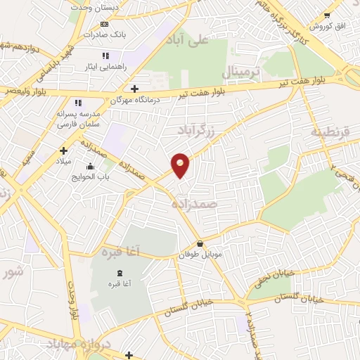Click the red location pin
tap(181, 165)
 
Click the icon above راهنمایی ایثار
tap(105, 56)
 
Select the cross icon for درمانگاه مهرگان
tap(134, 88)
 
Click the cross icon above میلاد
tap(63, 150)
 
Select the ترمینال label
tap(241, 72)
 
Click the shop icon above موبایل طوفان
tap(201, 244)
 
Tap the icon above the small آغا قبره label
tap(118, 272)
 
